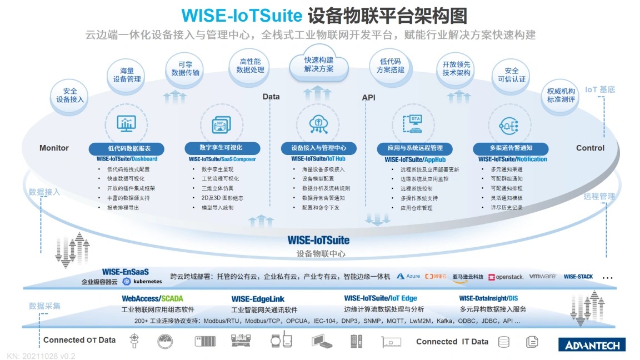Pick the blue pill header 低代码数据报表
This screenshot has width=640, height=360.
tap(127, 148)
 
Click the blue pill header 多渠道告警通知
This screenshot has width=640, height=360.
tap(511, 148)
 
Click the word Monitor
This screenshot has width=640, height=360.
tap(54, 148)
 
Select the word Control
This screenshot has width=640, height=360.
tap(590, 148)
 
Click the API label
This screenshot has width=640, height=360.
tap(368, 98)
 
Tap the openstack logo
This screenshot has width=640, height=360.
tap(506, 277)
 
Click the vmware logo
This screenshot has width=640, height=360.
tap(542, 276)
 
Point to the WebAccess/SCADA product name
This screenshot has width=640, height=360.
tap(152, 299)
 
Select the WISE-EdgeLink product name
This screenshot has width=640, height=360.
tap(258, 299)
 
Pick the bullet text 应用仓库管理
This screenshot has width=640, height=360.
tap(416, 208)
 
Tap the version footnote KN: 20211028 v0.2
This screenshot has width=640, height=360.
tap(41, 356)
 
